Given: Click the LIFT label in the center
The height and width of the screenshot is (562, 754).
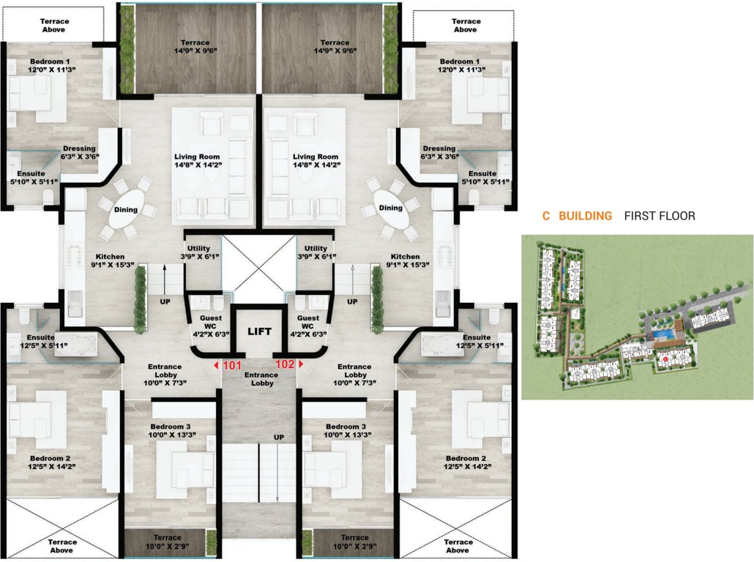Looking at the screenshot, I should tap(259, 331).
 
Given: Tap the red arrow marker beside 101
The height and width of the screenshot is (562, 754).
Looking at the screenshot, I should tap(216, 364).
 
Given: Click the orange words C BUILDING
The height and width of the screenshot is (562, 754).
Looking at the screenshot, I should tap(577, 216).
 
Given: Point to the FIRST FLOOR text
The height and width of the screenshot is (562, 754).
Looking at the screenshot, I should tap(660, 216).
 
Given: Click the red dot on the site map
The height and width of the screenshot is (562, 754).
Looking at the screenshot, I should tap(665, 359).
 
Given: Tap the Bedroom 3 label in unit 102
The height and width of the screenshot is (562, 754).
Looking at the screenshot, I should tap(339, 430).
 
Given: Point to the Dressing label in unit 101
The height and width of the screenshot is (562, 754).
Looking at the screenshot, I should tap(79, 152).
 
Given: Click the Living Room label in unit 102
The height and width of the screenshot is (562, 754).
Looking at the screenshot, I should tap(316, 161).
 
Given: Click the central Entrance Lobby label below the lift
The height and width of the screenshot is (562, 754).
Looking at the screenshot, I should tap(262, 379).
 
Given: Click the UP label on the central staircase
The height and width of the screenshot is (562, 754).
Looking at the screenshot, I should tap(278, 437).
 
